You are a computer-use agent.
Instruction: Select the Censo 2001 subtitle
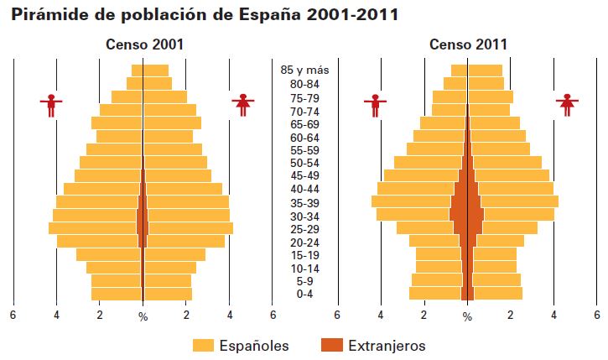[x=144, y=44]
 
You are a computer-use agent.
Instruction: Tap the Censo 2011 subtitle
[x=468, y=44]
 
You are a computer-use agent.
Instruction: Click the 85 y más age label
[x=304, y=70]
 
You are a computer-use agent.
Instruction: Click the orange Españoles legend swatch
[x=204, y=345]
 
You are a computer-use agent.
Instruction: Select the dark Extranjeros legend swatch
[x=333, y=345]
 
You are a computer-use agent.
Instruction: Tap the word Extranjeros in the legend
[x=387, y=345]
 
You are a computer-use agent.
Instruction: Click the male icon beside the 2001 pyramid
[x=52, y=105]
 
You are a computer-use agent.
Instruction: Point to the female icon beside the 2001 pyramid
[x=244, y=105]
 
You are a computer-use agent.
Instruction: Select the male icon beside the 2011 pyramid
[x=375, y=105]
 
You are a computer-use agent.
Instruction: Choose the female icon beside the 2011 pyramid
[x=569, y=105]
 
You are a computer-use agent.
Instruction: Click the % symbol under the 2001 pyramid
[x=143, y=316]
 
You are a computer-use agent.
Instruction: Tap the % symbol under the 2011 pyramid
[x=468, y=316]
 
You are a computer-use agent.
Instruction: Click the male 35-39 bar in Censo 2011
[x=411, y=201]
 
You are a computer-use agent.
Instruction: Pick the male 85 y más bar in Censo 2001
[x=137, y=70]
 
